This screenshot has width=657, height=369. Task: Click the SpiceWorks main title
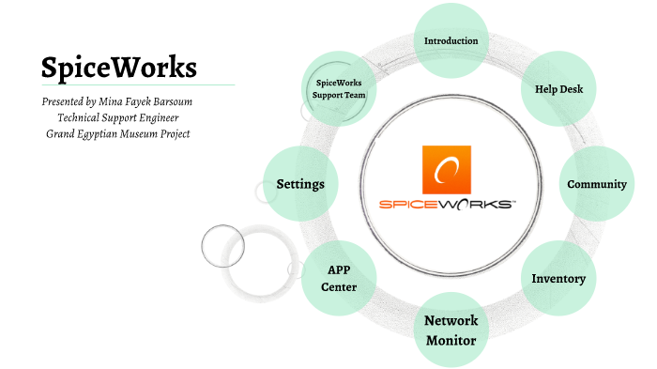[118, 68]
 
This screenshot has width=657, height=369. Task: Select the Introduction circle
[451, 40]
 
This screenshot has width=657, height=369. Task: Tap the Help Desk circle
[558, 89]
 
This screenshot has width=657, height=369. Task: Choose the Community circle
[596, 184]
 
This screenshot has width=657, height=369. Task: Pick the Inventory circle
[558, 279]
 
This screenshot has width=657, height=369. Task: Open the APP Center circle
[338, 278]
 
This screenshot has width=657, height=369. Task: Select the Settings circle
[300, 184]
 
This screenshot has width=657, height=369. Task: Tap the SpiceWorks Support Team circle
[338, 89]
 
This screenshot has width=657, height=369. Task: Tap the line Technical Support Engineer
[118, 117]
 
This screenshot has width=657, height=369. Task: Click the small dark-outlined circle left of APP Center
[223, 247]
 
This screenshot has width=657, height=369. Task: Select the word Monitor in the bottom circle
[451, 340]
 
